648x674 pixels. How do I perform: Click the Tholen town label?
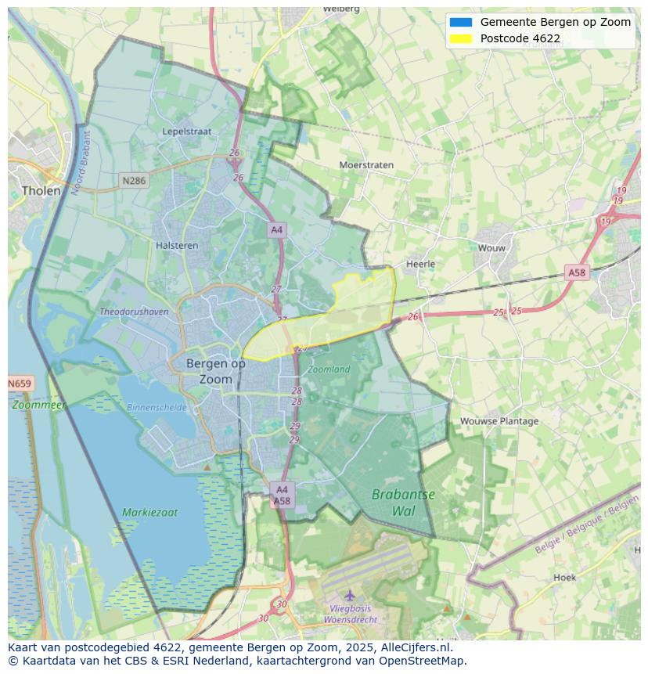pyautogui.click(x=41, y=190)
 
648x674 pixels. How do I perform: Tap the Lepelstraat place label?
pyautogui.click(x=187, y=132)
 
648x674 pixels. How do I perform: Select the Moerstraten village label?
pyautogui.click(x=366, y=165)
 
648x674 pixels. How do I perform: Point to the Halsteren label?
pyautogui.click(x=177, y=245)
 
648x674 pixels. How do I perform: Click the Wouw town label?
pyautogui.click(x=492, y=248)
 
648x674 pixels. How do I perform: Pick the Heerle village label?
pyautogui.click(x=420, y=264)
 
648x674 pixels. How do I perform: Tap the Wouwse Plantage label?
pyautogui.click(x=499, y=421)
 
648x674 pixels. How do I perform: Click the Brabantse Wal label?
pyautogui.click(x=403, y=503)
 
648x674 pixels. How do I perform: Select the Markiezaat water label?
pyautogui.click(x=149, y=513)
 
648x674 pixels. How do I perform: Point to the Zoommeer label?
pyautogui.click(x=38, y=405)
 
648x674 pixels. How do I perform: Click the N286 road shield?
pyautogui.click(x=134, y=181)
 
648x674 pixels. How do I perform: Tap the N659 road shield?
pyautogui.click(x=20, y=384)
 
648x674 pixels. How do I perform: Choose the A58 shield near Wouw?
pyautogui.click(x=576, y=272)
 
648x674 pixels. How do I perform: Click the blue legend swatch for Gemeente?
pyautogui.click(x=461, y=22)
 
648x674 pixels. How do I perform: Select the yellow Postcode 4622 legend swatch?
pyautogui.click(x=461, y=38)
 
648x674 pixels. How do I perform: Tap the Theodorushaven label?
pyautogui.click(x=134, y=312)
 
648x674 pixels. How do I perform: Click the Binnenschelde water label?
pyautogui.click(x=157, y=408)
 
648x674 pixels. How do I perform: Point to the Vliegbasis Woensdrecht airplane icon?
pyautogui.click(x=350, y=596)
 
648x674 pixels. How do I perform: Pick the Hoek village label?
pyautogui.click(x=564, y=578)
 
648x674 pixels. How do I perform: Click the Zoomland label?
pyautogui.click(x=329, y=369)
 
